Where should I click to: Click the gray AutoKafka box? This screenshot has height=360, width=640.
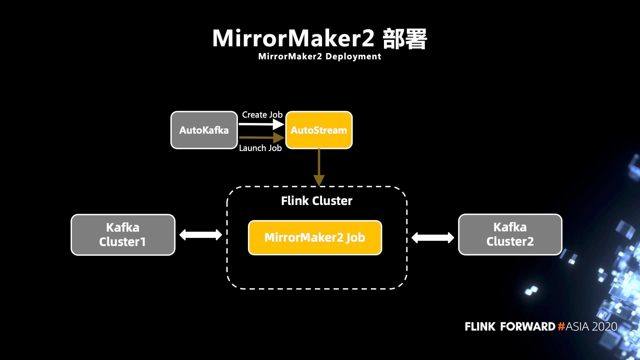click(x=204, y=130)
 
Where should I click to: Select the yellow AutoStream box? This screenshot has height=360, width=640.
click(x=319, y=130)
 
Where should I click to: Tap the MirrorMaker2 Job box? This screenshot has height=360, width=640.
click(x=315, y=238)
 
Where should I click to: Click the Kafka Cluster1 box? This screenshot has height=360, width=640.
click(x=123, y=235)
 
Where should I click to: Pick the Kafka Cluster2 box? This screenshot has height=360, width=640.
click(x=510, y=234)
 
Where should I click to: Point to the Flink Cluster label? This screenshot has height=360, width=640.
click(x=317, y=201)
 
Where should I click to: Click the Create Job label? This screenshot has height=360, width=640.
click(x=262, y=115)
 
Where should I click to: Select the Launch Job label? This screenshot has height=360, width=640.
click(x=260, y=148)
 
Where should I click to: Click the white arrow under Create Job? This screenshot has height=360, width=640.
click(x=261, y=124)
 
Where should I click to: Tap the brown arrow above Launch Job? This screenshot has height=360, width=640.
click(x=261, y=137)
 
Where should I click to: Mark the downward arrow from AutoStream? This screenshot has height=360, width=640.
click(x=319, y=167)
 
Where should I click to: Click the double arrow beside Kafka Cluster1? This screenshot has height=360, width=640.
click(x=201, y=235)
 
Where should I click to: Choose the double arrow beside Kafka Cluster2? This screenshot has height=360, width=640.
click(x=433, y=238)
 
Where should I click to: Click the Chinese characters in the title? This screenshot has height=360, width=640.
click(x=405, y=39)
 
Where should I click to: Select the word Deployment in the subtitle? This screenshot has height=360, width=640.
click(x=353, y=57)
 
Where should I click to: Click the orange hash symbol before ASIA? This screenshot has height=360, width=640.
click(x=561, y=326)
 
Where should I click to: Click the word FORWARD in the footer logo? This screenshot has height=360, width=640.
click(x=528, y=326)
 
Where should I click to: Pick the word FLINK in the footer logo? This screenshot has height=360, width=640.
click(x=480, y=326)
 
